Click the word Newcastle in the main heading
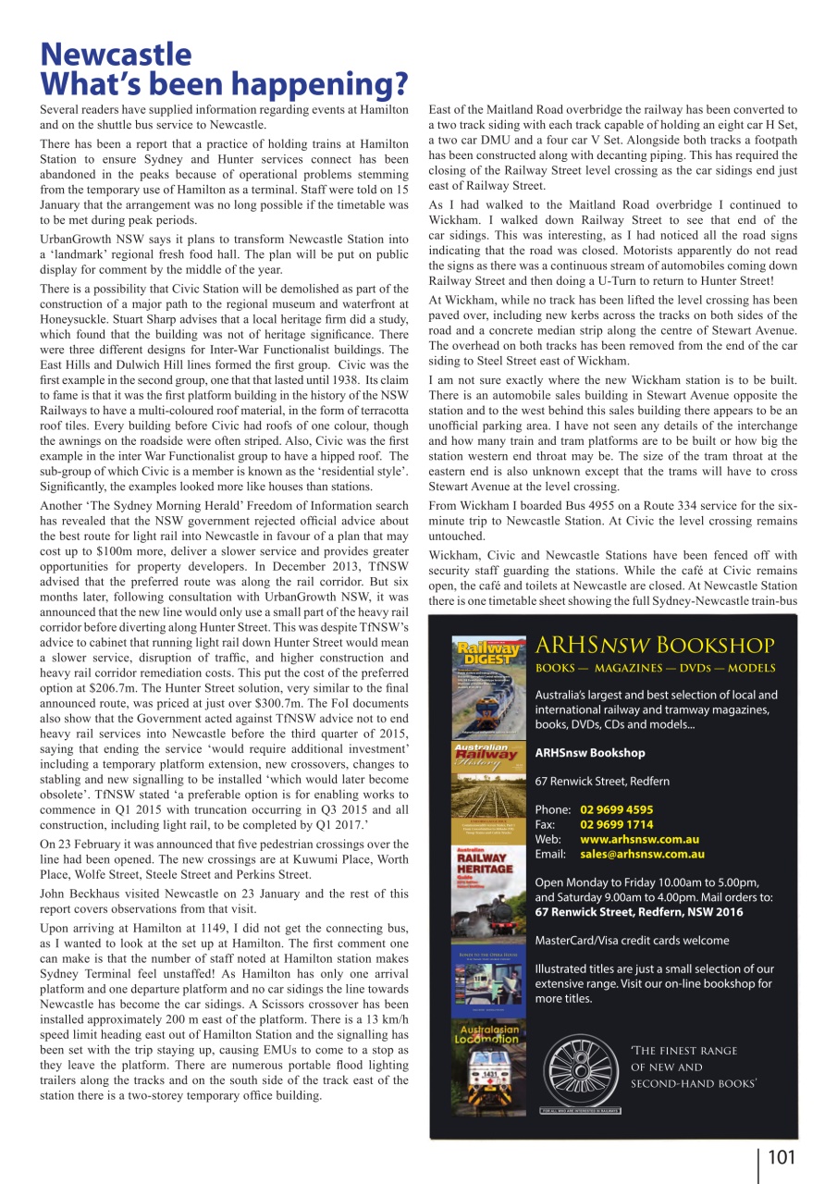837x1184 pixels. point(116,55)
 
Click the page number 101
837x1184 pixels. point(780,1156)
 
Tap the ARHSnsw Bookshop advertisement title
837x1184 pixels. point(655,645)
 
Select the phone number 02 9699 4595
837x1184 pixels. point(616,809)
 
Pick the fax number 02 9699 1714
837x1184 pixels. point(616,824)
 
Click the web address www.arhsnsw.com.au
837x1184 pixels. point(639,839)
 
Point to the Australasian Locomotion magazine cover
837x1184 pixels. point(485,1064)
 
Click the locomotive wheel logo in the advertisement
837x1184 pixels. point(580,1069)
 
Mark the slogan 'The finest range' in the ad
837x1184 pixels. point(683,1051)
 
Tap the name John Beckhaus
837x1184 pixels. point(84,894)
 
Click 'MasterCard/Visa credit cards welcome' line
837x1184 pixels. point(632,941)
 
